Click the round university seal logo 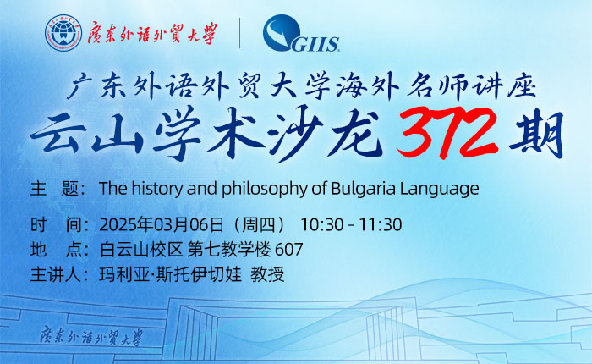(x=63, y=33)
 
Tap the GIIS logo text (x=315, y=44)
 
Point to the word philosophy (x=265, y=189)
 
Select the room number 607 (x=289, y=250)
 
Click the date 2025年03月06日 (x=162, y=224)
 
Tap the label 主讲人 (x=56, y=274)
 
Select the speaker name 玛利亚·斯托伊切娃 (x=170, y=274)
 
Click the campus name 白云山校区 (x=141, y=250)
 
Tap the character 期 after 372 (x=536, y=135)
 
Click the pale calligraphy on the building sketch (x=91, y=336)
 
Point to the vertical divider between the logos (x=239, y=33)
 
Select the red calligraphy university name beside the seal (x=152, y=34)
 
